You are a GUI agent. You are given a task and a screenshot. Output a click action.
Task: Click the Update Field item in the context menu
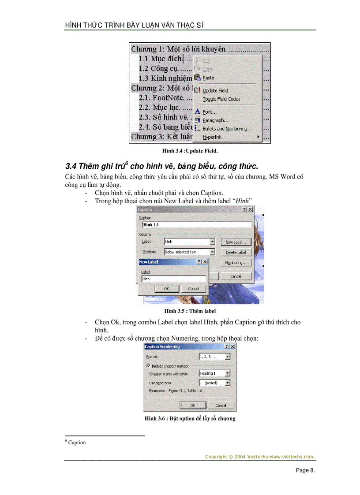tap(215, 90)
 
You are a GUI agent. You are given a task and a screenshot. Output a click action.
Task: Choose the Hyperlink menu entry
tap(212, 137)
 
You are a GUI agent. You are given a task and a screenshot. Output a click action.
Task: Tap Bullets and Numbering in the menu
tap(227, 129)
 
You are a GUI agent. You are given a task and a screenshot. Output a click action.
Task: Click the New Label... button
tap(236, 242)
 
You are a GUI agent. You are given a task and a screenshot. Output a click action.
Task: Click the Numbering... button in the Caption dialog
tap(236, 263)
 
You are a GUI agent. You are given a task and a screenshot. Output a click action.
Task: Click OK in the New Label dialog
tap(166, 289)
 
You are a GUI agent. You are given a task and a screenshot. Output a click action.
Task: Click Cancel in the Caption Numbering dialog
tap(221, 405)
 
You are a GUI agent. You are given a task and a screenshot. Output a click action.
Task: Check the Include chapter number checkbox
tap(148, 366)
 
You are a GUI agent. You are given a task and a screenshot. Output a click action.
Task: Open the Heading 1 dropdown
tap(227, 373)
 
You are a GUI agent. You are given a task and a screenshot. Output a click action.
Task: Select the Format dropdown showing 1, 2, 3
tap(227, 357)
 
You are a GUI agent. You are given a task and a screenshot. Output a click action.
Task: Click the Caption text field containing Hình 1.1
tap(195, 225)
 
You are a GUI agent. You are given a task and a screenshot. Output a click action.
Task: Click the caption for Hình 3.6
tap(190, 418)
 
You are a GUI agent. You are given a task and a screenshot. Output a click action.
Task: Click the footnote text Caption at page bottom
tap(77, 443)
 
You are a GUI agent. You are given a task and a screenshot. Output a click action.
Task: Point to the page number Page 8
tap(305, 470)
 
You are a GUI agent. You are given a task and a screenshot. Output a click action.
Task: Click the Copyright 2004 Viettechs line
tap(260, 457)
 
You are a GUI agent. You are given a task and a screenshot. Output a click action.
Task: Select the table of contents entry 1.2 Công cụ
tap(159, 68)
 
